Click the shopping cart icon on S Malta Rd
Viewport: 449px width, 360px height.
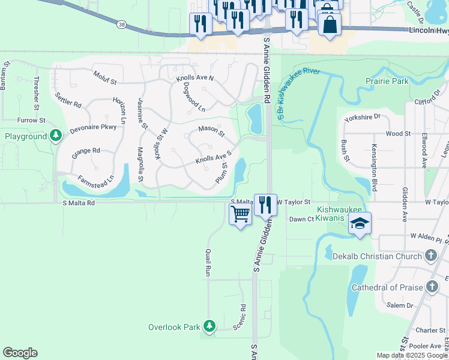240,212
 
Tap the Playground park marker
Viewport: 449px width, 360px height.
56,136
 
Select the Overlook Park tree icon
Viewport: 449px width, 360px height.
209,326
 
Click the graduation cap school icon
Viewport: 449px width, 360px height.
360,223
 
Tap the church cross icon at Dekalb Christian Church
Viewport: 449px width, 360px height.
430,256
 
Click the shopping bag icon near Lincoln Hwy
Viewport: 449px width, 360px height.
330,25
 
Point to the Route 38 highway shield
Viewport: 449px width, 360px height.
122,25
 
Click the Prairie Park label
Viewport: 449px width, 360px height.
387,80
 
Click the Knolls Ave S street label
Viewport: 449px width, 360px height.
213,158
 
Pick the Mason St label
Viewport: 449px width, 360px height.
211,131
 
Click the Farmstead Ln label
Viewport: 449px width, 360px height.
96,179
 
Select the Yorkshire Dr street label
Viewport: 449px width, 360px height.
363,118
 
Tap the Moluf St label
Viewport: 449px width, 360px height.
104,76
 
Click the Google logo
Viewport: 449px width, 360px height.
20,353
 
